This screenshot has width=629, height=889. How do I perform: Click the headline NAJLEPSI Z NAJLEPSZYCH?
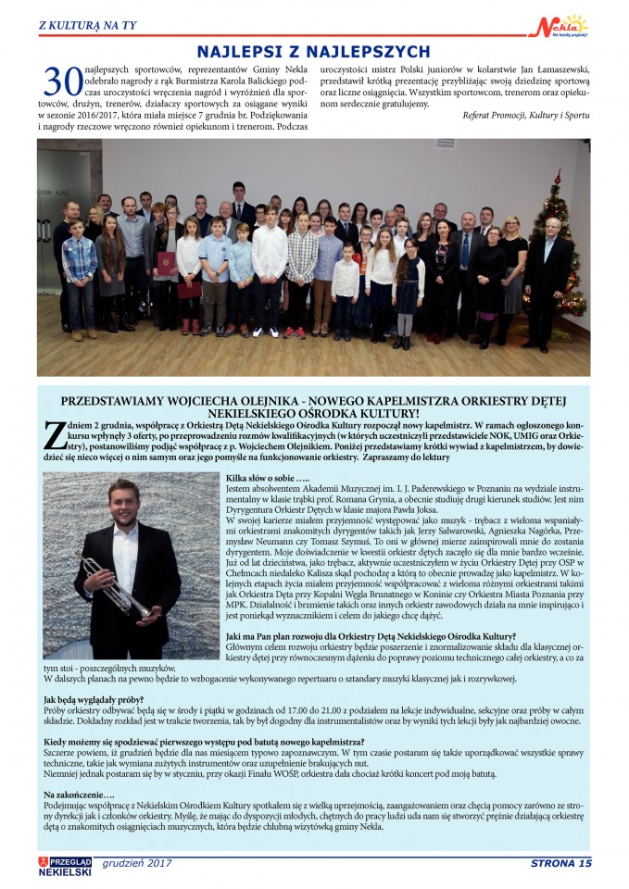click(313, 52)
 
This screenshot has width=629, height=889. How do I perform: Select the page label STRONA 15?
click(560, 864)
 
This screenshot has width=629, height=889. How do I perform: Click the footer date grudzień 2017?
click(137, 863)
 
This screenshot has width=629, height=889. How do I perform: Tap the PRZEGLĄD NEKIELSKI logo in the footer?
click(65, 865)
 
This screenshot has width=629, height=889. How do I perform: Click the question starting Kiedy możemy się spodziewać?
click(203, 742)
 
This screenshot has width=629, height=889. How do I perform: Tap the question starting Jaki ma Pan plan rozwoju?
click(371, 636)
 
